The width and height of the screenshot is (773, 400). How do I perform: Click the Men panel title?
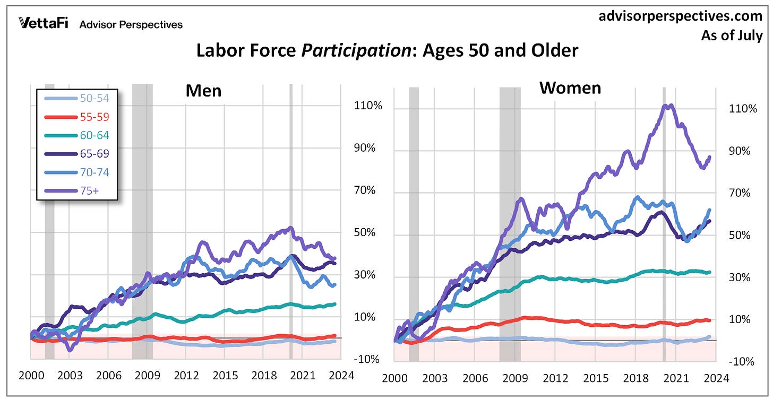click(203, 91)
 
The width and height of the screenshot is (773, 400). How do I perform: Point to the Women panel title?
click(570, 88)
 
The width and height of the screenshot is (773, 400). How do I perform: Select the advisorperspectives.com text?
click(681, 17)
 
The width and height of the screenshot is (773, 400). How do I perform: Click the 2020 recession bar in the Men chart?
click(291, 212)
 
